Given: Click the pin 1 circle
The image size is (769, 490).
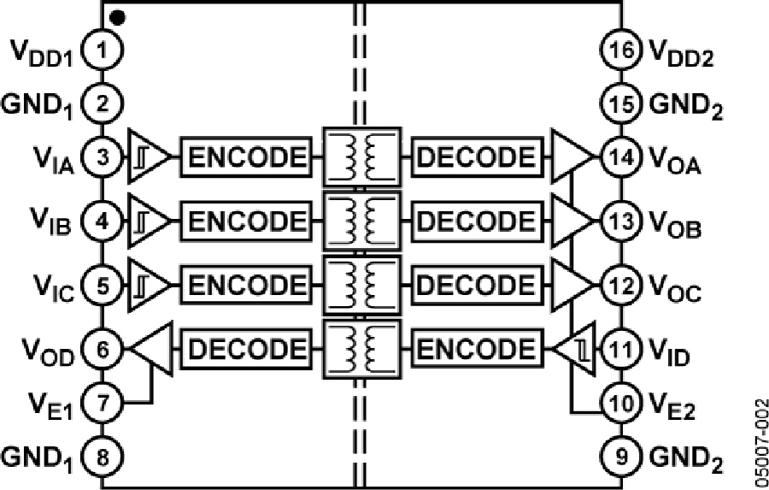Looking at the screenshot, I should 103,52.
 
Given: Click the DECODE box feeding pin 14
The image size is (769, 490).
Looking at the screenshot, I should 478,157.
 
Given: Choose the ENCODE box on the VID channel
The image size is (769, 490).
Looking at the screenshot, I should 478,349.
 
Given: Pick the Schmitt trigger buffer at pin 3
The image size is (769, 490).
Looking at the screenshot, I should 147,157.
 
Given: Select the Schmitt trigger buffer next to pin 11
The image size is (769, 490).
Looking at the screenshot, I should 575,349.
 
